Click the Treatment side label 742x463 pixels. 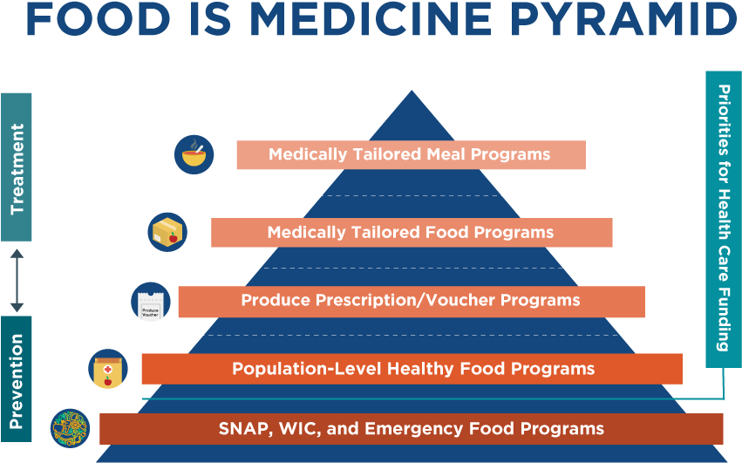coord(17,167)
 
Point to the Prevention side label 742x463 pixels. coord(17,379)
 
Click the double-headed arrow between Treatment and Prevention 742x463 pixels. coord(17,280)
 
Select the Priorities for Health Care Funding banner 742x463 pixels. coord(724,219)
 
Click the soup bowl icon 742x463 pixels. coord(194,154)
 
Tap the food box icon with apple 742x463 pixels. coord(167,232)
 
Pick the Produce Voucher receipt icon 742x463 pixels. coord(151,302)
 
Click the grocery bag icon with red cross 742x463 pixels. coord(108,369)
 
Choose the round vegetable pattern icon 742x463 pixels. coord(70,428)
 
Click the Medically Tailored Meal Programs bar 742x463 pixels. coord(412,155)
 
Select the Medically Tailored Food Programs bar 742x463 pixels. coord(412,233)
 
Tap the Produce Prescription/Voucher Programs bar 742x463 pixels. coord(412,302)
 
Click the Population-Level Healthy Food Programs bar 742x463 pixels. coord(412,369)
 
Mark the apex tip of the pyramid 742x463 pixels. coord(412,91)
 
